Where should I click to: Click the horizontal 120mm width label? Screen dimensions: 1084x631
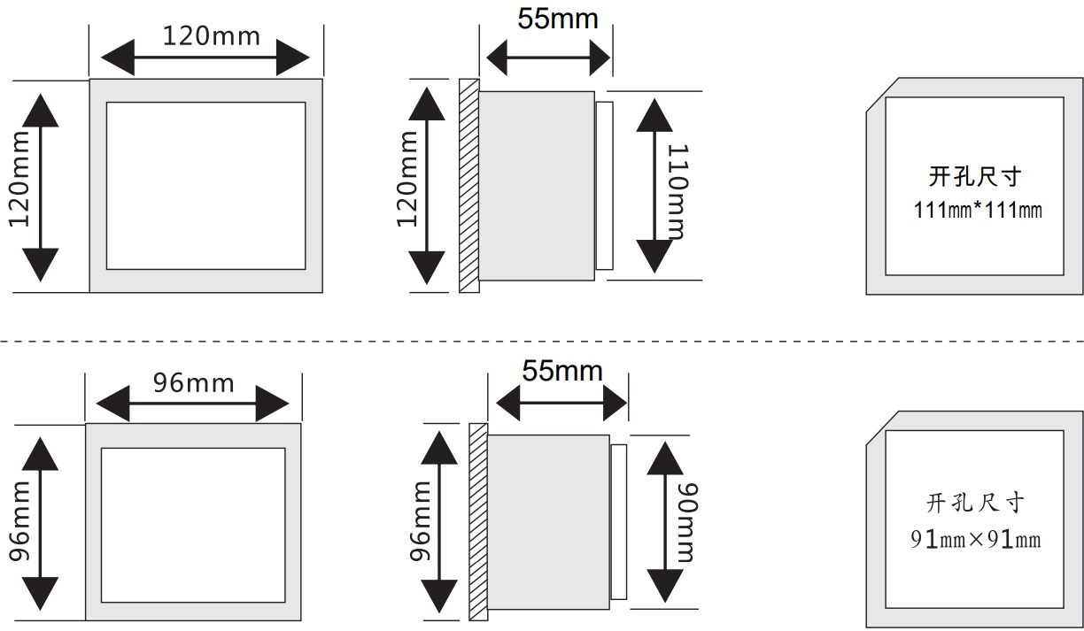212,36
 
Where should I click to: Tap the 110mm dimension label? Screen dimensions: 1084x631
677,192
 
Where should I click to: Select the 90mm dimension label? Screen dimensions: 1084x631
687,522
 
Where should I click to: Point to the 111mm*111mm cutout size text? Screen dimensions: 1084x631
978,211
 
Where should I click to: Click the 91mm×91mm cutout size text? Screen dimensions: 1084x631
976,540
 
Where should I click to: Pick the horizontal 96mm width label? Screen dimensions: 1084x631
194,383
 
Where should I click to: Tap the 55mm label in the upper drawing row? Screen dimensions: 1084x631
558,19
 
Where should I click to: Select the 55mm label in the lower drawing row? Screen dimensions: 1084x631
562,371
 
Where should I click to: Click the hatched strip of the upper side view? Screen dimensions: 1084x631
468,186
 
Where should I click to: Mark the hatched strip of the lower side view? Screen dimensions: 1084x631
478,522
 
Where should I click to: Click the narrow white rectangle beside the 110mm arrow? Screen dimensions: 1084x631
604,186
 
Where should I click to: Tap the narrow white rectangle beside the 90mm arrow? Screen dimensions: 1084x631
618,522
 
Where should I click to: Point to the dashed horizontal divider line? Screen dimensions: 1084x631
542,342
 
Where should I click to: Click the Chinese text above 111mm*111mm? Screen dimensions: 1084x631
975,176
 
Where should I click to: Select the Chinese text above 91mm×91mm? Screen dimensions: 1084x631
975,503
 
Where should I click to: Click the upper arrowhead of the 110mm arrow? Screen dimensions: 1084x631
654,116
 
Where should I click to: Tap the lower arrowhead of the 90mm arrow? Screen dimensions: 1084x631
665,586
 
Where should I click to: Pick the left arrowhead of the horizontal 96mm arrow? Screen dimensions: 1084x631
113,404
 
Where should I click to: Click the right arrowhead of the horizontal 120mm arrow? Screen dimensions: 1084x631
293,58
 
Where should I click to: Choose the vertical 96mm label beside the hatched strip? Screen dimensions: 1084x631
420,522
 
